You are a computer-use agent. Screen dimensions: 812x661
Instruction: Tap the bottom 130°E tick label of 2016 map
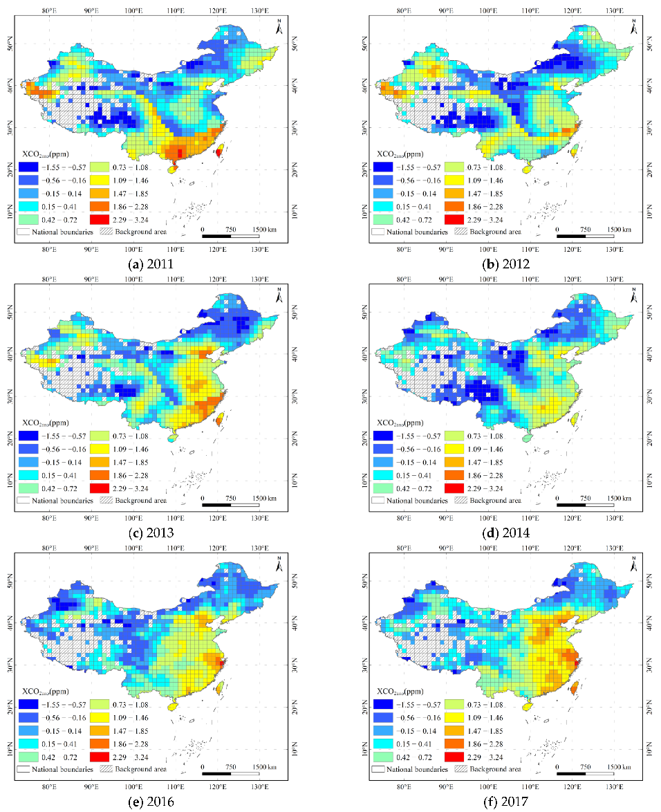(x=259, y=786)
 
